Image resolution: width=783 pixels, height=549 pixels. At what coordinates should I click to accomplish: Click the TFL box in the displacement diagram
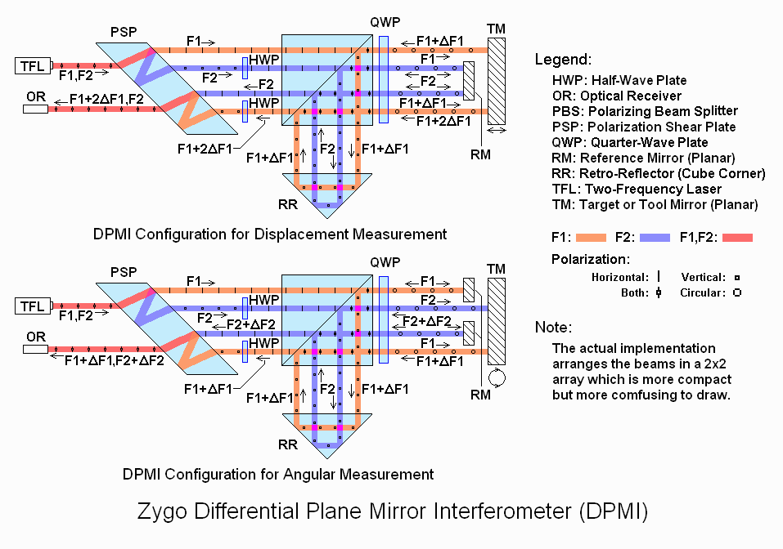tap(33, 65)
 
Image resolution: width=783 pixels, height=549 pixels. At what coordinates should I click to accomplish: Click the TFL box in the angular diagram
tap(33, 307)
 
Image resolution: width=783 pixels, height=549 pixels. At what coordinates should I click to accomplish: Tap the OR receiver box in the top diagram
tap(36, 108)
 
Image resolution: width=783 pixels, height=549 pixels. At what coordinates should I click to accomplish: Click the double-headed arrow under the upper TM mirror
tap(496, 130)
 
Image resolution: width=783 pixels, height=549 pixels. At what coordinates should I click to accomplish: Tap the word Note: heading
tap(553, 328)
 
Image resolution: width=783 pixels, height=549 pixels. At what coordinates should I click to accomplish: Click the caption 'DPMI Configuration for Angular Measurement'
tap(278, 474)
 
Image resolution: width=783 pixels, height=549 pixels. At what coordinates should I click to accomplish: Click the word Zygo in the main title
tap(160, 512)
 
